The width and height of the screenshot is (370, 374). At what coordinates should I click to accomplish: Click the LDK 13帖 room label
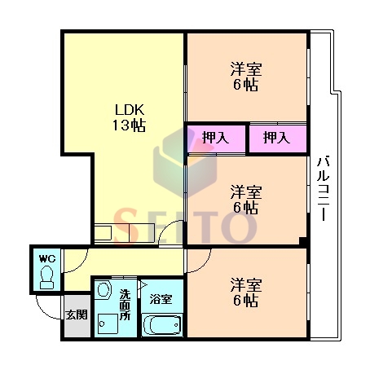coord(130,117)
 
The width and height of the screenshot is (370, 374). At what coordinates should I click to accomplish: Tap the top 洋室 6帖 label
coord(246,77)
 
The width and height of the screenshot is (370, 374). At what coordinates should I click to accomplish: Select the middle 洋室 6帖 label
coord(246,200)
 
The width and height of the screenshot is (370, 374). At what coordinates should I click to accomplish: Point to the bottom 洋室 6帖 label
coord(246,293)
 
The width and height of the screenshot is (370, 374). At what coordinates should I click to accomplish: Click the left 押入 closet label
coord(216,138)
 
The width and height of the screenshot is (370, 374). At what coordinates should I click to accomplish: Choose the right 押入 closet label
coord(277,138)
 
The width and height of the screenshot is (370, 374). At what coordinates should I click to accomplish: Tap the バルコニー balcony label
coord(324,188)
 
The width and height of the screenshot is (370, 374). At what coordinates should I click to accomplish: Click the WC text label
coord(47,258)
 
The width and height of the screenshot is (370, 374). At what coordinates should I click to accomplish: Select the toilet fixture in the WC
coord(46,277)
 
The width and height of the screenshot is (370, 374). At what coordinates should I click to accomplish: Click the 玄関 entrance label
coord(77,315)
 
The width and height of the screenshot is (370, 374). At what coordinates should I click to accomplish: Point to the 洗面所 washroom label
coord(125,305)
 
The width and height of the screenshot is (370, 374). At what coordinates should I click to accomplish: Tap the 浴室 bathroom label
coord(161,299)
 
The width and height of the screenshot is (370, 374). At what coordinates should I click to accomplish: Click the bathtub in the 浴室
coord(162,324)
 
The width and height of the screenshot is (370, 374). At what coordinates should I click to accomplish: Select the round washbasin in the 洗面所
coord(104,290)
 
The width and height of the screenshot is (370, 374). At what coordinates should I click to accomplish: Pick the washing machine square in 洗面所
coord(108,323)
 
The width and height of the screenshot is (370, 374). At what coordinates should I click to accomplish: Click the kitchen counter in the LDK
coord(125,232)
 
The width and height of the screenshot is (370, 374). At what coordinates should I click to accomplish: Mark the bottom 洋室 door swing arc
coord(205,265)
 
